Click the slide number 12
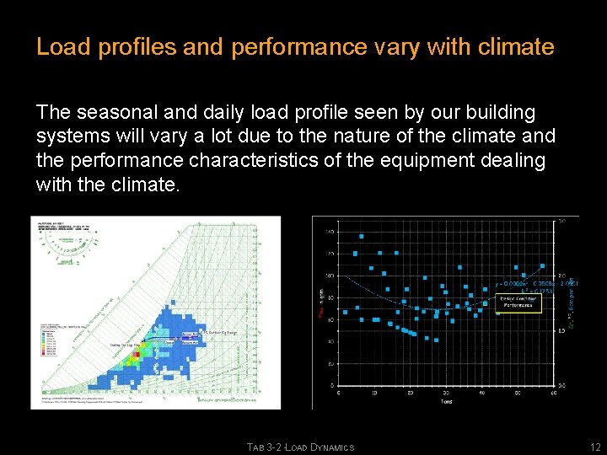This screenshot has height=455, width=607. (595, 447)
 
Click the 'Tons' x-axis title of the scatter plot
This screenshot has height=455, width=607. (447, 402)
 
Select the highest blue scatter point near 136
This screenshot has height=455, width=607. (363, 236)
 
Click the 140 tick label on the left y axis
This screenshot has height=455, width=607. (330, 231)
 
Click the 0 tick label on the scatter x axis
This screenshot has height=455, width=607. (339, 393)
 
